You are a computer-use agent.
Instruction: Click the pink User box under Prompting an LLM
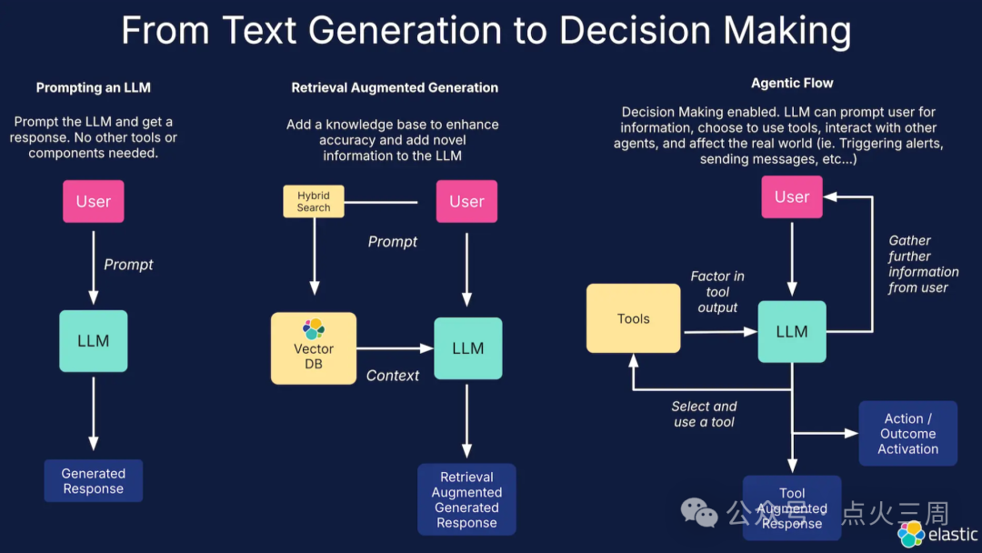tap(93, 201)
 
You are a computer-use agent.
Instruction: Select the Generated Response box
tap(93, 480)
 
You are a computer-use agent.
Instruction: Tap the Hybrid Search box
tap(313, 201)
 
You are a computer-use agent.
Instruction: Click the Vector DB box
tap(313, 349)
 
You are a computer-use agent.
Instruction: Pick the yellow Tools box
tap(633, 318)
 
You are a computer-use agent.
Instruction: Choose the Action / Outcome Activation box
tap(907, 433)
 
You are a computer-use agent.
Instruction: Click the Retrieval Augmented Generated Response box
tap(466, 499)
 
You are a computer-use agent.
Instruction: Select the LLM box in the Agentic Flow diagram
tap(791, 332)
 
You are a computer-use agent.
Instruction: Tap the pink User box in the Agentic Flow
tap(791, 196)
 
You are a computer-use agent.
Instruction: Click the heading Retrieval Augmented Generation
tap(395, 87)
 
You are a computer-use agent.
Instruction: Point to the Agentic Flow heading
tap(792, 83)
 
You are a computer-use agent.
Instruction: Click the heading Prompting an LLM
tap(93, 87)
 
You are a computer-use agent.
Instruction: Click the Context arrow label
tap(393, 375)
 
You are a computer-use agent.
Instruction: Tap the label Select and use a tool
tap(704, 414)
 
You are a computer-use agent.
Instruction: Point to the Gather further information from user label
tap(923, 264)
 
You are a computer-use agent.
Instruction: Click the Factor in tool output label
tap(717, 291)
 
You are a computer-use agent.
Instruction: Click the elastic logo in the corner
tap(937, 534)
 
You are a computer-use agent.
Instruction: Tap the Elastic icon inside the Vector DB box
tap(314, 328)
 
